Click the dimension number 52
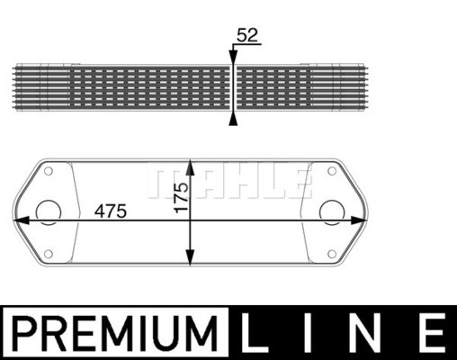(x=247, y=35)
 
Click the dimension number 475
(x=111, y=211)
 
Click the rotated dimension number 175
(x=182, y=197)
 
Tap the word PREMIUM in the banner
(x=115, y=333)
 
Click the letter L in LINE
(x=255, y=333)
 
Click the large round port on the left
(x=49, y=212)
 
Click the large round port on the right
(x=332, y=212)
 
